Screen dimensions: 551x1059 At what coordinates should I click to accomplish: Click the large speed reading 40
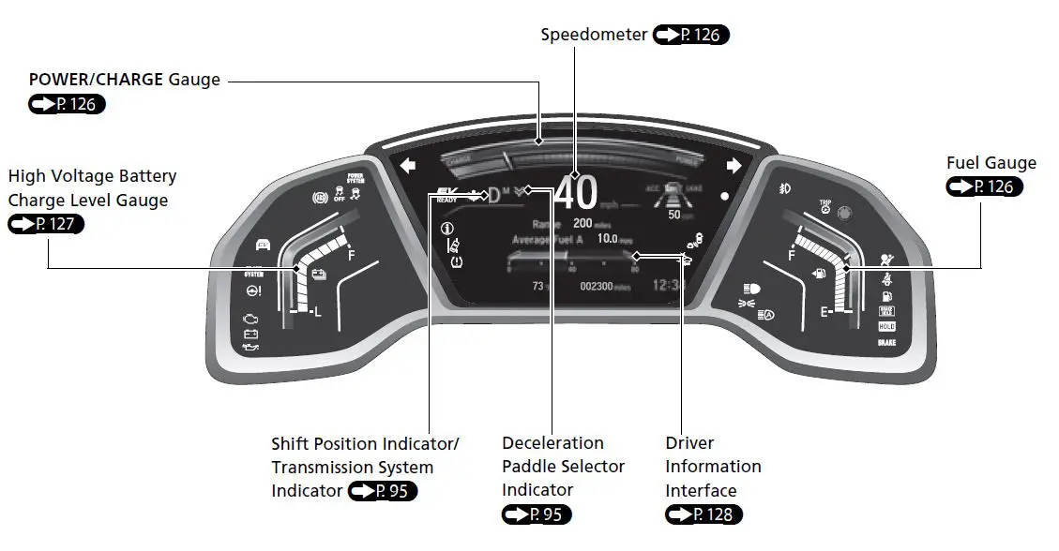tap(576, 193)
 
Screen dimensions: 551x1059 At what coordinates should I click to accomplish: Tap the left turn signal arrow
tap(407, 167)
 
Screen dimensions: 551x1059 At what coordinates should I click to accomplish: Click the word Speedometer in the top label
tap(594, 35)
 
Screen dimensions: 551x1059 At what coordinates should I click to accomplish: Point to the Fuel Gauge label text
tap(991, 163)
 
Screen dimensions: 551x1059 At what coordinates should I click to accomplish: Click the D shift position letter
tap(494, 195)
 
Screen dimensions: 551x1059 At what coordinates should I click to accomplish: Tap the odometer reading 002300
tap(597, 286)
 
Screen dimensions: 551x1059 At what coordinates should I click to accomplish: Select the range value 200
tap(582, 224)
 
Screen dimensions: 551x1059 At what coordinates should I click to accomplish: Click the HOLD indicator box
tap(886, 326)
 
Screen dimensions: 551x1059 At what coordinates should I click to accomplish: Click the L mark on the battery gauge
tap(317, 312)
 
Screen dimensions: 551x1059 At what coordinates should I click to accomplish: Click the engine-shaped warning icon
tap(250, 319)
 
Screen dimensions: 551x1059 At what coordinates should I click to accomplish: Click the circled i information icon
tap(446, 228)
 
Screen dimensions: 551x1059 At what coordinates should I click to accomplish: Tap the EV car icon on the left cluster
tap(264, 246)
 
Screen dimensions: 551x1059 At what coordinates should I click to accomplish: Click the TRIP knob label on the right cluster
tap(825, 202)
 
